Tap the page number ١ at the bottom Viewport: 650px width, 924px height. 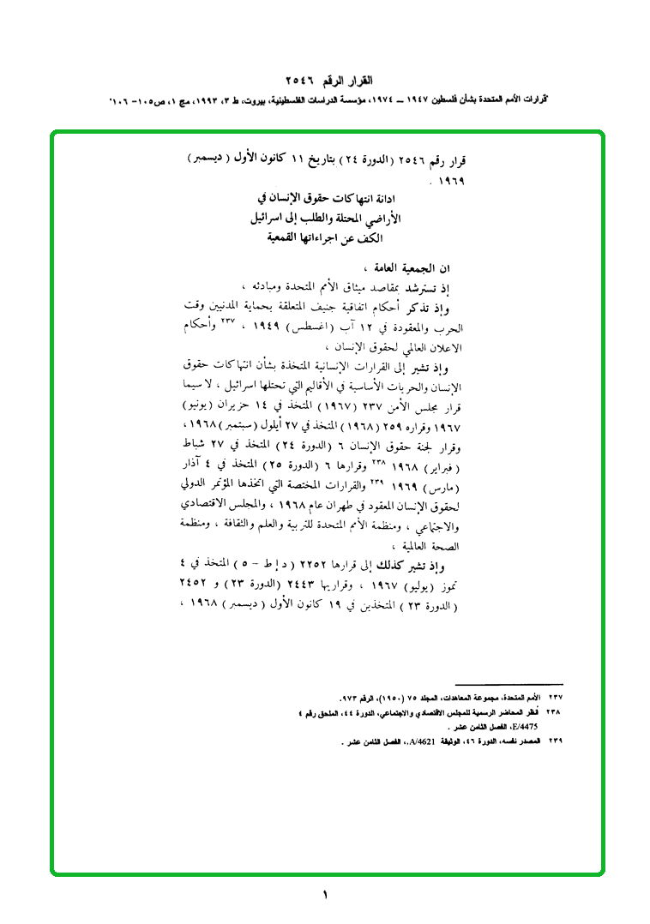[325, 896]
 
